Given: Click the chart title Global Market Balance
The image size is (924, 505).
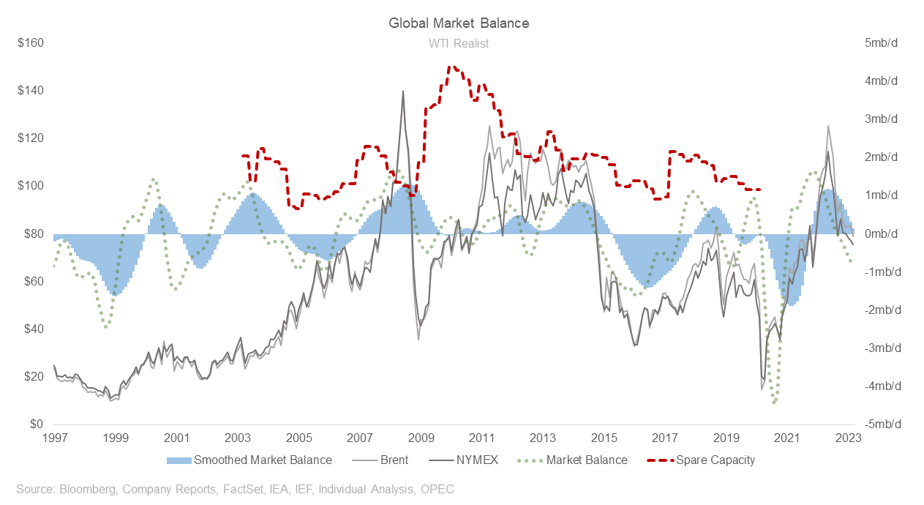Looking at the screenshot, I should pyautogui.click(x=459, y=23).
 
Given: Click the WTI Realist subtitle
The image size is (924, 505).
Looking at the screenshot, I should pyautogui.click(x=459, y=43).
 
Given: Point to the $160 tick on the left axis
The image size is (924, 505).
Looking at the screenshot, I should pyautogui.click(x=31, y=43).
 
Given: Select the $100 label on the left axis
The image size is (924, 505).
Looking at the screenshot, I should pyautogui.click(x=31, y=186).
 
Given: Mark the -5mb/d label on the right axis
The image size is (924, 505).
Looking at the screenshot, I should pyautogui.click(x=879, y=424).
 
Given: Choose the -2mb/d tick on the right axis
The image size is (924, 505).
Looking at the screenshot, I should pyautogui.click(x=879, y=310).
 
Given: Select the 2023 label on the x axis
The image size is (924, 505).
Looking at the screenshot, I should pyautogui.click(x=848, y=438).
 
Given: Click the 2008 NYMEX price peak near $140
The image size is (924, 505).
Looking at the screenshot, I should pyautogui.click(x=402, y=91).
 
